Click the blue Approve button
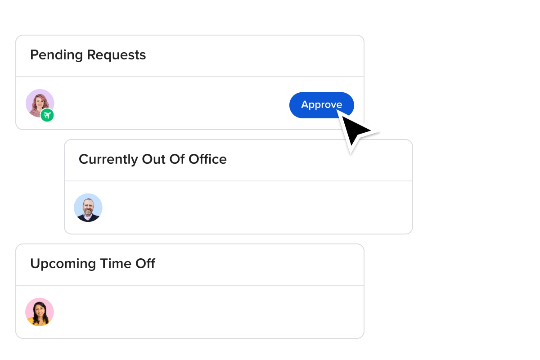pos(321,105)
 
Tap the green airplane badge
pos(47,116)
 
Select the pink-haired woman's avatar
pos(40,103)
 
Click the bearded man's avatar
pos(88,208)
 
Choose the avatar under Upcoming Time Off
pos(40,312)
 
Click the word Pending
pos(56,55)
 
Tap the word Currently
pos(108,159)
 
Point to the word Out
pos(153,159)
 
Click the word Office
pos(207,159)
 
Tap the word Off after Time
pos(145,264)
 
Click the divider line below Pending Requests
pos(189,76)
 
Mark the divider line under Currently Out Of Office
pos(238,181)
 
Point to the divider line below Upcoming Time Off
pos(189,285)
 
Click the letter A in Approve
pos(305,105)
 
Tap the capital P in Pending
pos(34,55)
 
